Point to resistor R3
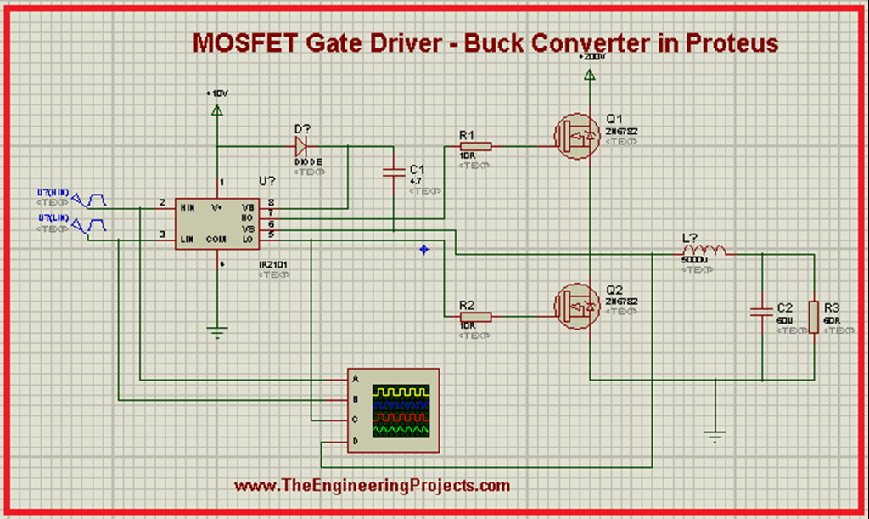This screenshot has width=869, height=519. (814, 316)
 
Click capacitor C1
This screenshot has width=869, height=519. (395, 173)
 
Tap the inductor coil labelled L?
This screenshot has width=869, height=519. (702, 251)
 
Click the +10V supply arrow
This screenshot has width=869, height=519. (217, 110)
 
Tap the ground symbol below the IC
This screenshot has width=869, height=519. (218, 332)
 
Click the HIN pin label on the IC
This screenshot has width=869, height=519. (188, 206)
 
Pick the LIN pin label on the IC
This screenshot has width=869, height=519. (188, 240)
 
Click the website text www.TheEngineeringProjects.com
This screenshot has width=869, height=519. (372, 486)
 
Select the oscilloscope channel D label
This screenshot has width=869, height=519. (356, 442)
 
